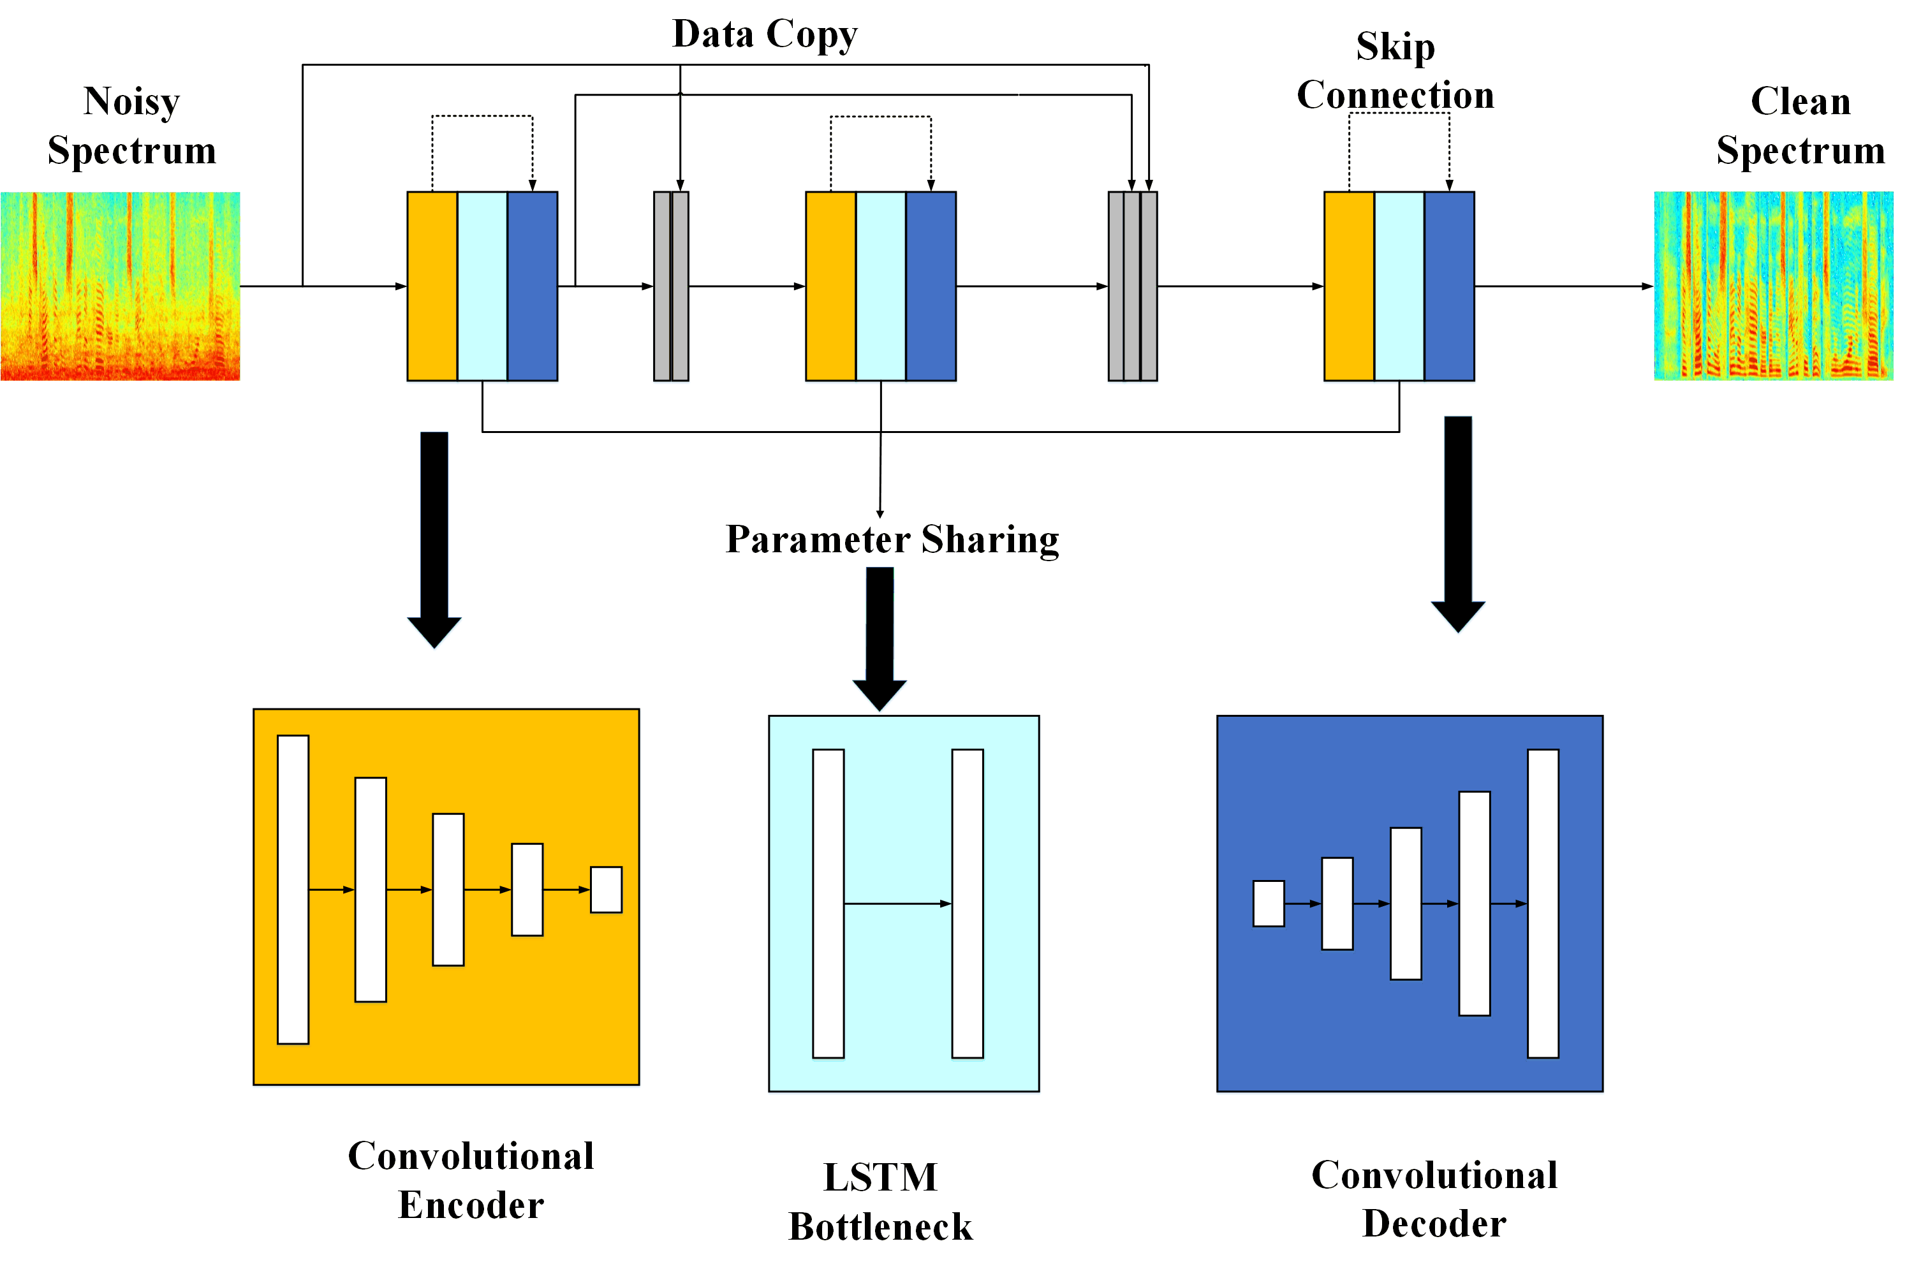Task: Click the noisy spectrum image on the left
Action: click(x=120, y=286)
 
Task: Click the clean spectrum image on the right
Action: click(x=1772, y=286)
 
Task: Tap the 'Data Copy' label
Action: click(x=764, y=34)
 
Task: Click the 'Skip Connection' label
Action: click(x=1395, y=71)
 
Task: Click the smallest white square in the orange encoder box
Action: click(x=605, y=890)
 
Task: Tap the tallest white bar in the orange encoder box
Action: click(x=292, y=890)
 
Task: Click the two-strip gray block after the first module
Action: click(x=670, y=286)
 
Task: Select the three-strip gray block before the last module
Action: click(x=1131, y=286)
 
